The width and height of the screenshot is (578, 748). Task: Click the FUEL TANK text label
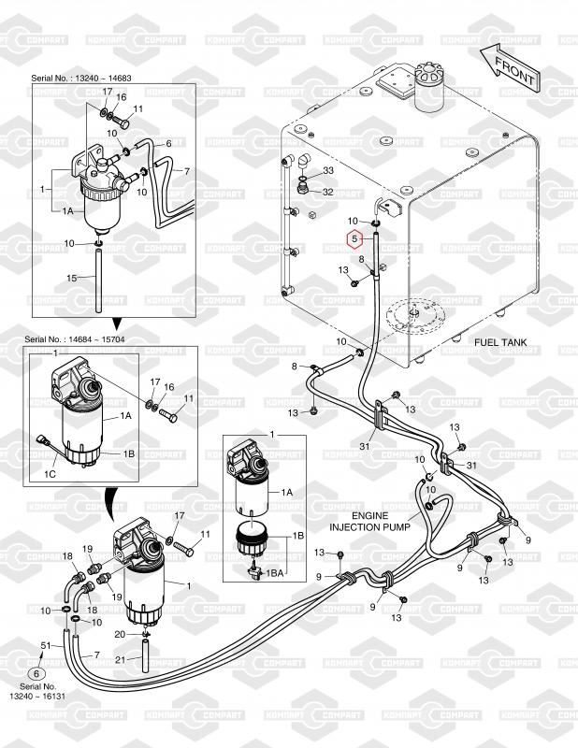tap(501, 342)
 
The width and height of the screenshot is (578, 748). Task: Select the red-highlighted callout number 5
tap(354, 238)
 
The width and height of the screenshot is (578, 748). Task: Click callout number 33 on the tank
tap(327, 171)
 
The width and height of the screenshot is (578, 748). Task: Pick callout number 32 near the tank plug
tap(327, 192)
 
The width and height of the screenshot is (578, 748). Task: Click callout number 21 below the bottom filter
tap(119, 661)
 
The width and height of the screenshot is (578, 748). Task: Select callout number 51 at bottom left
tap(45, 645)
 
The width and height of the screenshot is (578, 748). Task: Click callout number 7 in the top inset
tap(186, 172)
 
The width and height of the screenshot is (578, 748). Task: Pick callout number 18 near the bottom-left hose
tap(67, 556)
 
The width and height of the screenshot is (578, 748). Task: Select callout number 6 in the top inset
tap(169, 143)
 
